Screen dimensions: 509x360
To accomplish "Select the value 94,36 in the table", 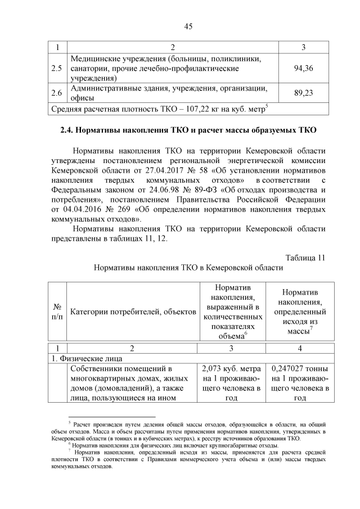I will (304, 68).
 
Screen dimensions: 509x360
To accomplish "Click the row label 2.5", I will (57, 68).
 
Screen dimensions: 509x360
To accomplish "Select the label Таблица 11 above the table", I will (305, 258).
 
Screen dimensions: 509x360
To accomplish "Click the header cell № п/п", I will (57, 312).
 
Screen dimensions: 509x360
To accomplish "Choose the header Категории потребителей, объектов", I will (133, 312).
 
